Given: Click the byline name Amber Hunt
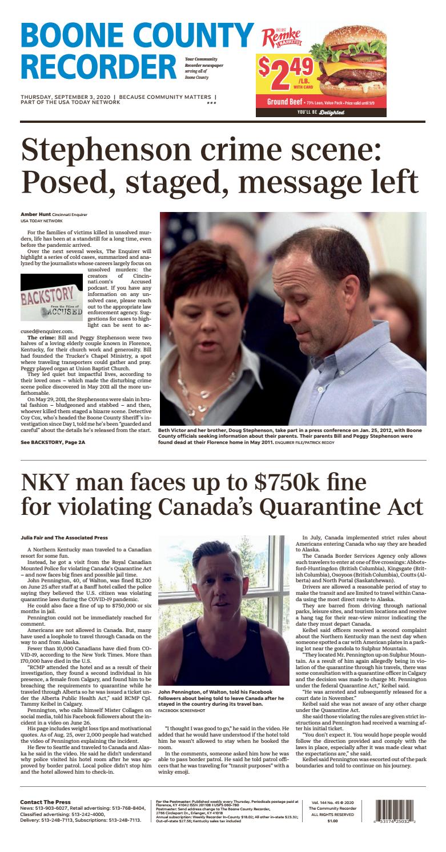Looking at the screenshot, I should click(x=35, y=214).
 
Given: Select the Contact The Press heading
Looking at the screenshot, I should click(x=45, y=802).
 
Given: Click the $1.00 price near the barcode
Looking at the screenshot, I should click(x=332, y=821).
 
